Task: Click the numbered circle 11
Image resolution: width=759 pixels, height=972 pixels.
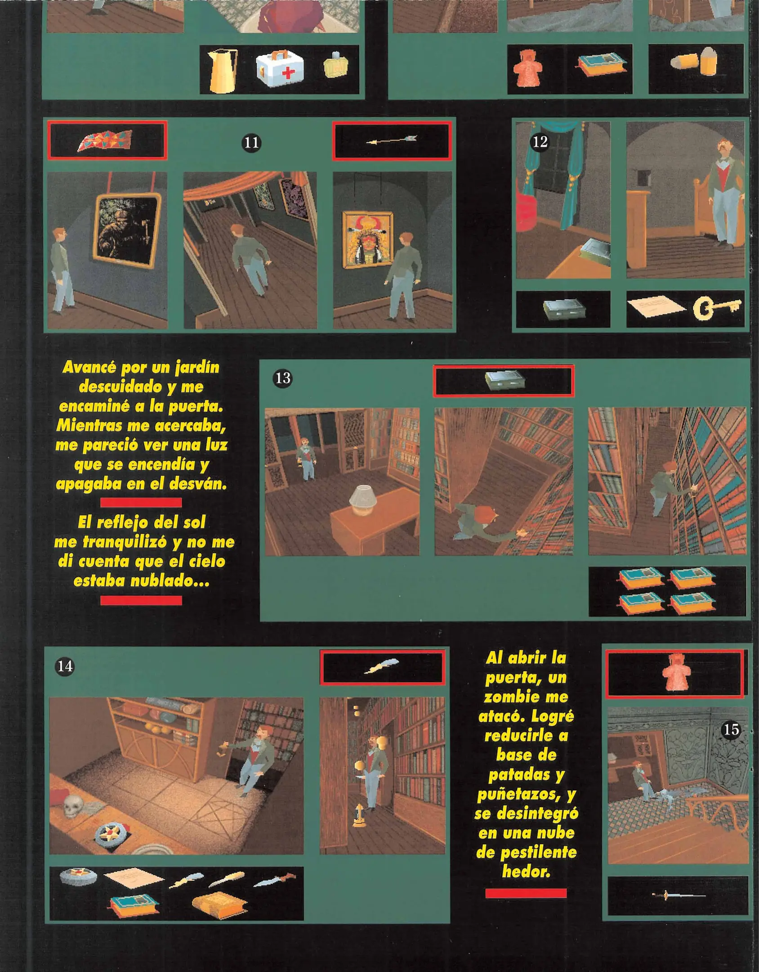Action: pyautogui.click(x=251, y=143)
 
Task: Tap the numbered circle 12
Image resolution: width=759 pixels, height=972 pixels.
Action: pyautogui.click(x=540, y=142)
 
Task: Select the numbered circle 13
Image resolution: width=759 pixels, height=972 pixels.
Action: pyautogui.click(x=283, y=378)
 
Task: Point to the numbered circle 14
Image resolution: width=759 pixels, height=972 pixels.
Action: pyautogui.click(x=65, y=666)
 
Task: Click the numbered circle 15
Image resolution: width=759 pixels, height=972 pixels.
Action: pyautogui.click(x=731, y=729)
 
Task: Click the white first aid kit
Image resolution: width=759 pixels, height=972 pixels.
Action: pyautogui.click(x=279, y=69)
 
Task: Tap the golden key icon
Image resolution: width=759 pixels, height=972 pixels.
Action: pyautogui.click(x=716, y=308)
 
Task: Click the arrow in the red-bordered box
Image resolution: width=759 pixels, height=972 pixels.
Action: pyautogui.click(x=392, y=140)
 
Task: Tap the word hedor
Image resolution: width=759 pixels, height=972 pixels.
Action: pyautogui.click(x=526, y=872)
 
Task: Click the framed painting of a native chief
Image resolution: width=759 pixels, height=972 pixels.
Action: pyautogui.click(x=367, y=239)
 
